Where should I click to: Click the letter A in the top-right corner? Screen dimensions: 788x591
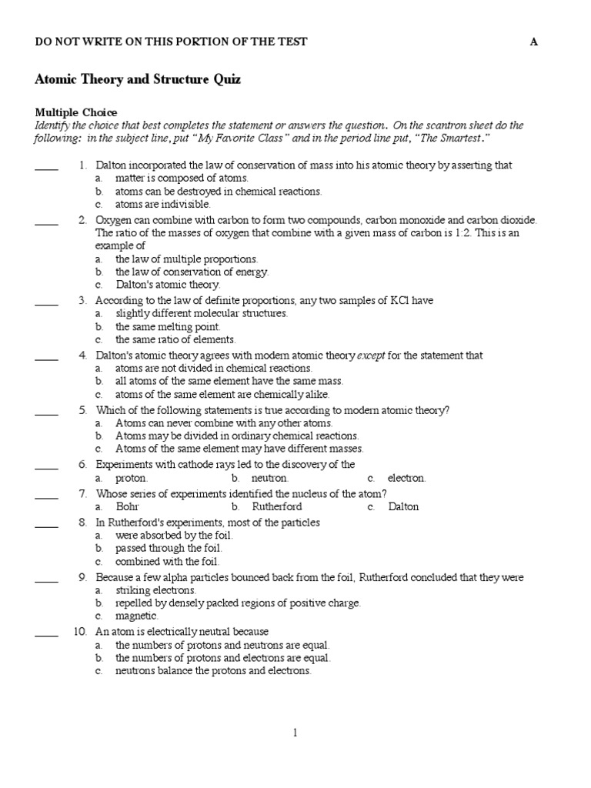533,42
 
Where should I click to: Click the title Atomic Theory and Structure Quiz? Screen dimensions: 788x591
138,79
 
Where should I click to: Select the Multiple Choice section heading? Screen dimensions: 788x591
76,112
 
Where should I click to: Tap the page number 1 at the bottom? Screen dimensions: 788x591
295,733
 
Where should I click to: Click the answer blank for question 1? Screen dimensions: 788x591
46,166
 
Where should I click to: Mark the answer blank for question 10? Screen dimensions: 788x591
46,633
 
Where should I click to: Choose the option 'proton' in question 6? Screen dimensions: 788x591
131,478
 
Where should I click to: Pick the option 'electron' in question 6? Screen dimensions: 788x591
406,478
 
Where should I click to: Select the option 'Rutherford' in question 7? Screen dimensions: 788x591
276,507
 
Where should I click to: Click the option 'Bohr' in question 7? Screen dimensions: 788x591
127,507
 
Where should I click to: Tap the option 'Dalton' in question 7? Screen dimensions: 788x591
403,507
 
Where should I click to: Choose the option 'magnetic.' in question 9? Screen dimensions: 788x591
137,616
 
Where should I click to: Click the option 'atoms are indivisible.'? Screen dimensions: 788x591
162,205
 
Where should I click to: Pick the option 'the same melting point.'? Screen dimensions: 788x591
168,326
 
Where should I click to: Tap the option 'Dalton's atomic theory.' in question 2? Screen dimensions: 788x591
168,285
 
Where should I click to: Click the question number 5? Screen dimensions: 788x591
82,410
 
